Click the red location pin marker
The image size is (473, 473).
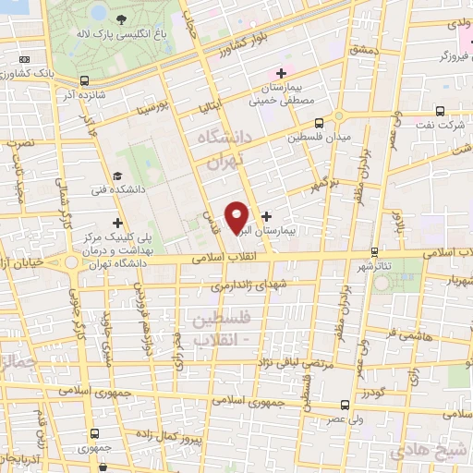[237, 216]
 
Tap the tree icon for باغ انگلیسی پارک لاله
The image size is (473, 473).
[122, 18]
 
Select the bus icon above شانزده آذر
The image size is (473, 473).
[85, 81]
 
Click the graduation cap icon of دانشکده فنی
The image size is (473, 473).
[116, 176]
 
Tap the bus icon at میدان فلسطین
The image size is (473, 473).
[320, 123]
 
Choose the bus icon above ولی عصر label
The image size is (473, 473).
[345, 405]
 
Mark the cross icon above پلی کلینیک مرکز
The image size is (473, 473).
[116, 223]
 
